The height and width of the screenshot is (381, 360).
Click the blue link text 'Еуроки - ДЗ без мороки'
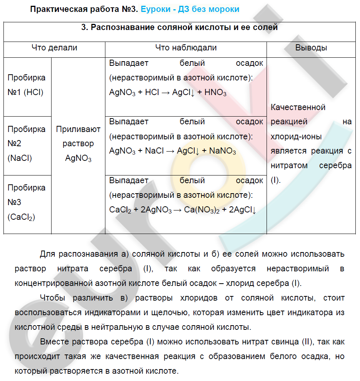pyautogui.click(x=190, y=9)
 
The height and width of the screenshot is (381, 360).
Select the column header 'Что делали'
pyautogui.click(x=54, y=48)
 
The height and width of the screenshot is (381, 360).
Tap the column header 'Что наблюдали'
pyautogui.click(x=186, y=48)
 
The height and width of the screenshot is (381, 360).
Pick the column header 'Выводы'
pyautogui.click(x=311, y=48)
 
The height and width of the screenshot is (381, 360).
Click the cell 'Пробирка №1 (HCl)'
pyautogui.click(x=27, y=85)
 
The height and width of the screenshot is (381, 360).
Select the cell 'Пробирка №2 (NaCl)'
pyautogui.click(x=27, y=144)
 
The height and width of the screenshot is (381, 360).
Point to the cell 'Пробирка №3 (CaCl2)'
pyautogui.click(x=27, y=202)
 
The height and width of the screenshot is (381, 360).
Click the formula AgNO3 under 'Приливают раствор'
pyautogui.click(x=78, y=158)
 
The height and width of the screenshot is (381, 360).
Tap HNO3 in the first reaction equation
pyautogui.click(x=215, y=93)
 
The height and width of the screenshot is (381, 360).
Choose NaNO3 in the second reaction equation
pyautogui.click(x=222, y=151)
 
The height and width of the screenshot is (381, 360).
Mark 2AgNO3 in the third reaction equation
pyautogui.click(x=156, y=210)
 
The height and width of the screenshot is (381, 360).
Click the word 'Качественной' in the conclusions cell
pyautogui.click(x=298, y=107)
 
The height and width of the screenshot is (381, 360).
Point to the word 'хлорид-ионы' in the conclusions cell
pyautogui.click(x=296, y=137)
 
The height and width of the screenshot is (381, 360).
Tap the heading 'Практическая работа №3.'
pyautogui.click(x=84, y=9)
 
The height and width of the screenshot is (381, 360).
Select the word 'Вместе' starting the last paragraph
pyautogui.click(x=53, y=342)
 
